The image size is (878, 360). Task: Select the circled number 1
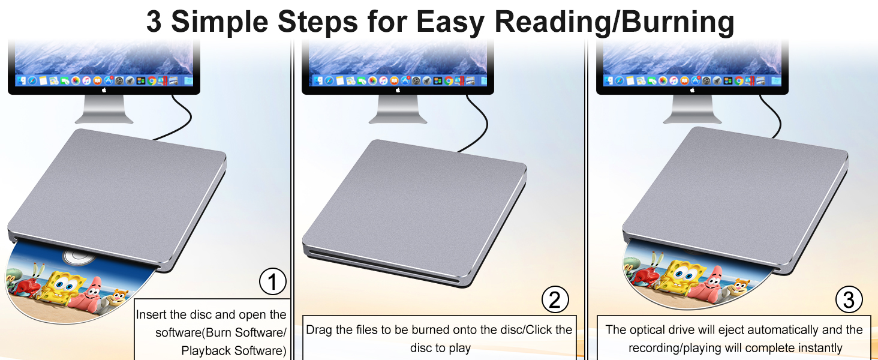pos(273,282)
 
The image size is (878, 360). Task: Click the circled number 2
pos(555,300)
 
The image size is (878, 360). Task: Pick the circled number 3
pos(849,300)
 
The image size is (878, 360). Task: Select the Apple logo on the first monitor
pos(104,90)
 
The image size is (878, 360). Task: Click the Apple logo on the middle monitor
pos(398,90)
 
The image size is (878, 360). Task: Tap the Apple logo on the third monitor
pos(692,90)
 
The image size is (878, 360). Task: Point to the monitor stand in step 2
pos(398,109)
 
